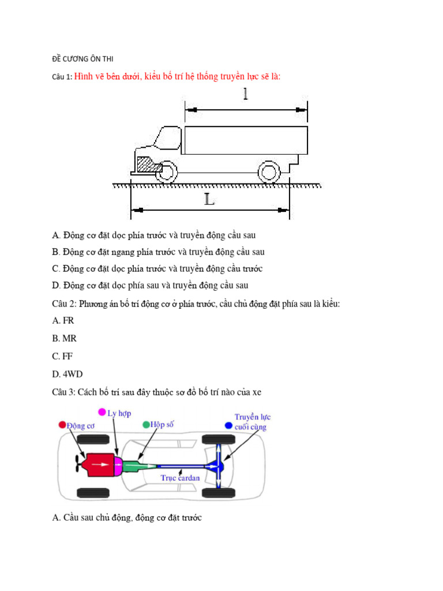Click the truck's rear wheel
[x=268, y=171]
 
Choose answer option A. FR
[x=63, y=320]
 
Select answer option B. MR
[x=64, y=338]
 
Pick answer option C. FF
[x=62, y=356]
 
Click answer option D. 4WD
[x=67, y=374]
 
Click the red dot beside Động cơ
[x=62, y=425]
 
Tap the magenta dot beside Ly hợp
[x=102, y=412]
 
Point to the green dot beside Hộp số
[x=146, y=425]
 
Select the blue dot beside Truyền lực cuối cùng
[x=228, y=425]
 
